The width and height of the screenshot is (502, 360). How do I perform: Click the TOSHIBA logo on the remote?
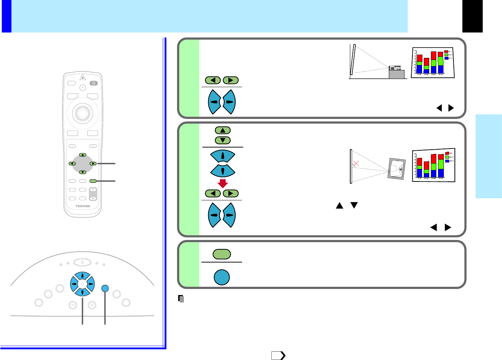point(82,206)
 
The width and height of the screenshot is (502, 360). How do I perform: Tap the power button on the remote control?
point(94,83)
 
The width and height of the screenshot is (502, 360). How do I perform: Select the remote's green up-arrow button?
point(82,155)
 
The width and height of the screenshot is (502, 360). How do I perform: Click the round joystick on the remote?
point(82,114)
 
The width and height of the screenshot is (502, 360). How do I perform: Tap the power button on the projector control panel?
point(82,262)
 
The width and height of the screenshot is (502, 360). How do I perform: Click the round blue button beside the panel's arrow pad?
point(105,288)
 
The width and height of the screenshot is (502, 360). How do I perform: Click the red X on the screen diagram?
point(356,164)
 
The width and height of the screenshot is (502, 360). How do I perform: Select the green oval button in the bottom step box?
point(222,254)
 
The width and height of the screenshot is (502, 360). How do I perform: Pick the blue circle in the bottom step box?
point(222,277)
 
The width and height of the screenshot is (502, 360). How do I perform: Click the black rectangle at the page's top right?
point(472,16)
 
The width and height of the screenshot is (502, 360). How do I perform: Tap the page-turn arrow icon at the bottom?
point(278,355)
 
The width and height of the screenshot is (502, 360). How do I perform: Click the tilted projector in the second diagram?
point(397,169)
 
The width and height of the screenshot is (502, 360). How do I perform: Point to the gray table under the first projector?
point(396,74)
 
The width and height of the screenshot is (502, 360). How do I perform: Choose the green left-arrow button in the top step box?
point(213,80)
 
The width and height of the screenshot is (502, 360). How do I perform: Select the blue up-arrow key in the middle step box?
point(222,156)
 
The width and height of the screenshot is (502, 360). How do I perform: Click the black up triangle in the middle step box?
point(339,205)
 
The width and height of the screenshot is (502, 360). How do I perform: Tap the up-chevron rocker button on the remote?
point(93,190)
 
